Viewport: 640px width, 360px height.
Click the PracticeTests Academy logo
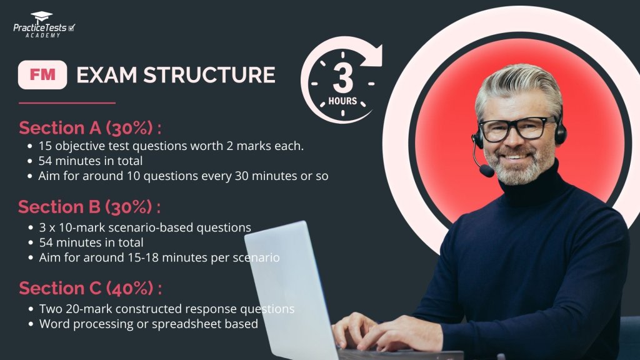click(44, 26)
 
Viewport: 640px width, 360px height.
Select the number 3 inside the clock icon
click(342, 77)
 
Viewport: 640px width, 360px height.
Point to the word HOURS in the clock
click(342, 101)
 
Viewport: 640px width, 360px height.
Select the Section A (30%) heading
click(90, 128)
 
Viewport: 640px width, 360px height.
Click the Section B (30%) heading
click(89, 207)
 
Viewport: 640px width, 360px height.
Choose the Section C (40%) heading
click(90, 289)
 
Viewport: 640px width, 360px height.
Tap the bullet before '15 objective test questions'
click(31, 146)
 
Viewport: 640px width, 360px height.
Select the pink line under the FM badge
click(67, 102)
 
